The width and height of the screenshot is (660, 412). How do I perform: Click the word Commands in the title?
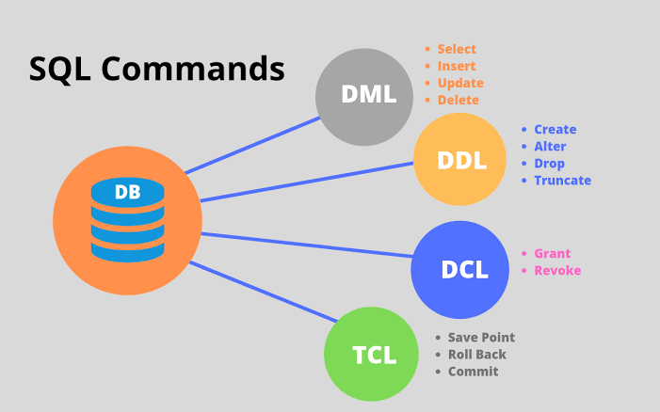pyautogui.click(x=193, y=69)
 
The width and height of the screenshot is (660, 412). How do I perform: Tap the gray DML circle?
pyautogui.click(x=363, y=95)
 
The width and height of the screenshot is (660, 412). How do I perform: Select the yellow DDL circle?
pyautogui.click(x=460, y=160)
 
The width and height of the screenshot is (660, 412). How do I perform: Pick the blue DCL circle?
pyautogui.click(x=460, y=270)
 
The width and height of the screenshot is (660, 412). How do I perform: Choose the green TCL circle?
pyautogui.click(x=371, y=356)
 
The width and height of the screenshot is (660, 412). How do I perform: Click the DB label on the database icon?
pyautogui.click(x=127, y=193)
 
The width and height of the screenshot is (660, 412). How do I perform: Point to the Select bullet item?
pyautogui.click(x=457, y=49)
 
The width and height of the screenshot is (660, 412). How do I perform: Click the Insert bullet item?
pyautogui.click(x=457, y=66)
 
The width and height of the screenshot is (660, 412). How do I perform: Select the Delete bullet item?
pyautogui.click(x=459, y=100)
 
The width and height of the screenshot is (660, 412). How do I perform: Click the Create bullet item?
pyautogui.click(x=555, y=130)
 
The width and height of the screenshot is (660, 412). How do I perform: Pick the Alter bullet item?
pyautogui.click(x=550, y=147)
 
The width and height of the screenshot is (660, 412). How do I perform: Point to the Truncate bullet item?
pyautogui.click(x=562, y=181)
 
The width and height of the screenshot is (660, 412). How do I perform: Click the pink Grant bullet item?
pyautogui.click(x=553, y=254)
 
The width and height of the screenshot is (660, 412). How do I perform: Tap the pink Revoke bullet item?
pyautogui.click(x=557, y=271)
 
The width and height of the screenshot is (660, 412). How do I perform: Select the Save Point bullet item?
pyautogui.click(x=481, y=338)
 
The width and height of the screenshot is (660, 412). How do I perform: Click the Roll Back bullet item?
pyautogui.click(x=476, y=355)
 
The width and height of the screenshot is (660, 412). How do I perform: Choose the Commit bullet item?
pyautogui.click(x=473, y=372)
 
